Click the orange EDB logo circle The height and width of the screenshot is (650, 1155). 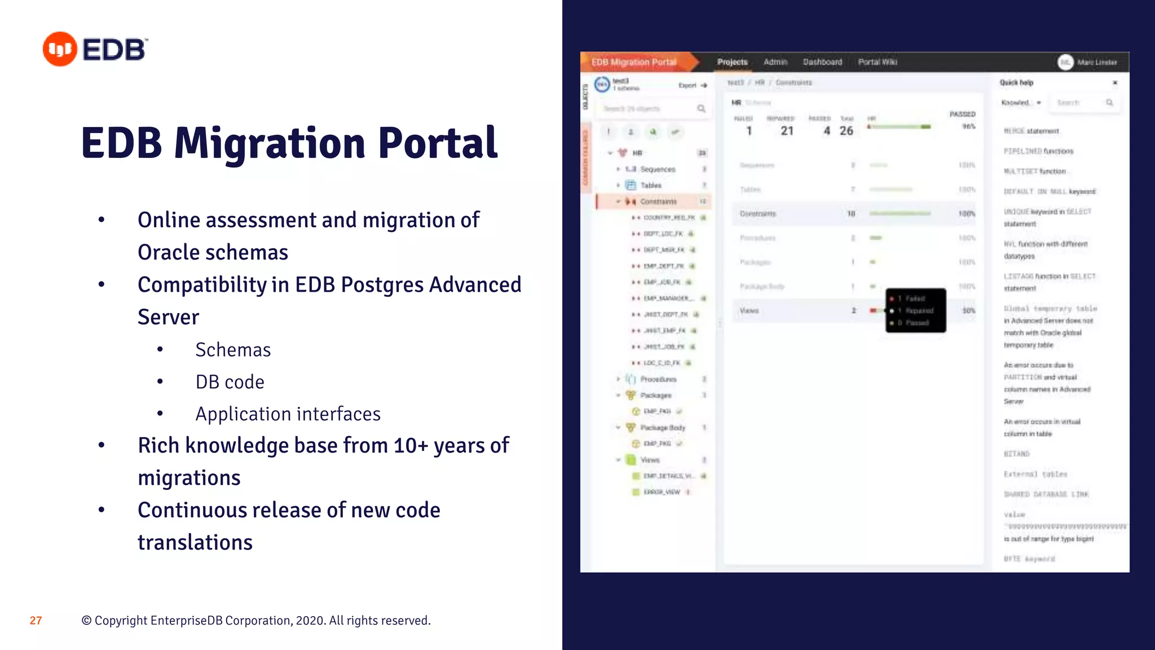[60, 49]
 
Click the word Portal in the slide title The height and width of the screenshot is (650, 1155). [438, 143]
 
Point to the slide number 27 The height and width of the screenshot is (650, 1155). [36, 621]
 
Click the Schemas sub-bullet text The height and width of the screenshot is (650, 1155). [233, 350]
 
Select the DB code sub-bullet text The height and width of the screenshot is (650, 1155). [230, 382]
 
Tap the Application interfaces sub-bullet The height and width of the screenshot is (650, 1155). [288, 414]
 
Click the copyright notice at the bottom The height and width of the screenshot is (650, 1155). [256, 621]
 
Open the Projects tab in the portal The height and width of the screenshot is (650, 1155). [732, 62]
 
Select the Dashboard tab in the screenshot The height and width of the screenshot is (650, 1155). [822, 62]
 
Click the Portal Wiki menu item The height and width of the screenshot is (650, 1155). [878, 62]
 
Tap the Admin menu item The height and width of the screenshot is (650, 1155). [775, 62]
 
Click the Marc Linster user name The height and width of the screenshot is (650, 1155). [1096, 63]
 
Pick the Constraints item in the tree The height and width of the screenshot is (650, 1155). [658, 201]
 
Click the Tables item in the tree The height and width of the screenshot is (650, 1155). [651, 185]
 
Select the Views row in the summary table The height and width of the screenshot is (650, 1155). [750, 311]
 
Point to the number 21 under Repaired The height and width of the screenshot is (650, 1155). [787, 131]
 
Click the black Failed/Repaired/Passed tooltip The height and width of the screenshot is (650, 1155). [915, 310]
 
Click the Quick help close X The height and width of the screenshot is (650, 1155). [1114, 83]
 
